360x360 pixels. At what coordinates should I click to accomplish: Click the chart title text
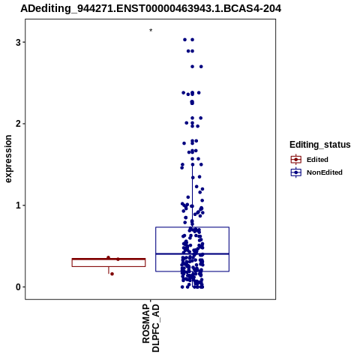point(151,9)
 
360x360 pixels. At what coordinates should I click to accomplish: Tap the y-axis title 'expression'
point(8,159)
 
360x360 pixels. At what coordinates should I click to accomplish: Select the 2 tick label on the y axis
point(18,124)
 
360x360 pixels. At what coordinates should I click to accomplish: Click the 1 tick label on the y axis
point(18,205)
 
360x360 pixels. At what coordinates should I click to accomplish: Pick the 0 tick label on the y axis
point(18,287)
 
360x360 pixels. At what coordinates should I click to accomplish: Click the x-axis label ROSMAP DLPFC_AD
point(151,328)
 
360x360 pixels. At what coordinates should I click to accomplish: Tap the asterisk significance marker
point(151,31)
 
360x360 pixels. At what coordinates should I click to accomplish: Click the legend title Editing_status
point(320,145)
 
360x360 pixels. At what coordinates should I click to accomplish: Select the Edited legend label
point(317,160)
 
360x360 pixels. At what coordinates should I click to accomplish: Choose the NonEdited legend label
point(325,172)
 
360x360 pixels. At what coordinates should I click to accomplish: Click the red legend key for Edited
point(296,160)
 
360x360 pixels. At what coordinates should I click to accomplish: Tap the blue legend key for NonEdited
point(296,172)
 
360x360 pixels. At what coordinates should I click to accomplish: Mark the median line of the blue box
point(192,253)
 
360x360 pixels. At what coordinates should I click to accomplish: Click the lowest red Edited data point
point(112,274)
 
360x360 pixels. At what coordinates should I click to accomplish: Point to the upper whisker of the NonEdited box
point(193,196)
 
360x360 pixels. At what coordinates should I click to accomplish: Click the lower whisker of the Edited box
point(109,270)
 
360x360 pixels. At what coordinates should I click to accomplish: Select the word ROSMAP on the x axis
point(146,324)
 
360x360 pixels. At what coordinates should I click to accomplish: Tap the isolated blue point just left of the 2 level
point(187,123)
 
